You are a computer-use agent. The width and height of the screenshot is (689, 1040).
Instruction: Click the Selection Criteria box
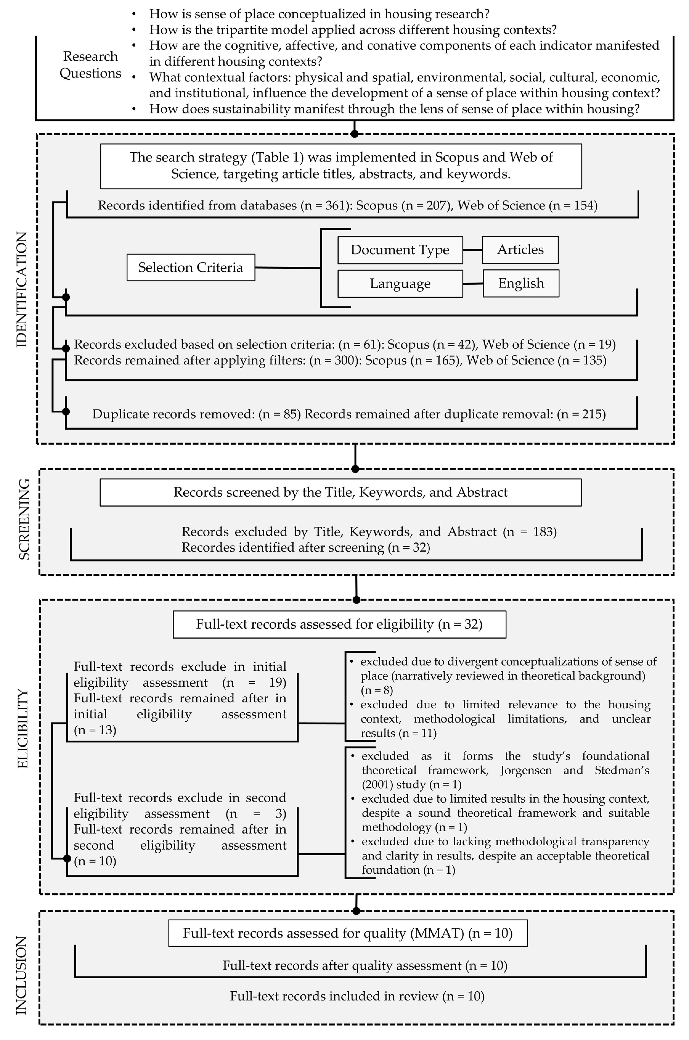click(x=191, y=267)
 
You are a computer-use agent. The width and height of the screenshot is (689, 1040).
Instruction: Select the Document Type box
click(x=400, y=250)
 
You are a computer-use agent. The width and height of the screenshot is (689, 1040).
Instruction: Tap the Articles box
click(x=520, y=250)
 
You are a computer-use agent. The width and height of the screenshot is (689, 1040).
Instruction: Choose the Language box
click(x=400, y=284)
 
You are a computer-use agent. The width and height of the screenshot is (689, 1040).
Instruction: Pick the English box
click(x=521, y=283)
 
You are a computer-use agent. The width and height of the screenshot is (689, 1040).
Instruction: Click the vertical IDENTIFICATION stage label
click(x=22, y=289)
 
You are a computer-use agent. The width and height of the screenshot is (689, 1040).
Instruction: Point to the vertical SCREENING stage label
click(x=24, y=519)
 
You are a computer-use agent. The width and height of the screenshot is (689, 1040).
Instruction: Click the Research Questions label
click(x=91, y=65)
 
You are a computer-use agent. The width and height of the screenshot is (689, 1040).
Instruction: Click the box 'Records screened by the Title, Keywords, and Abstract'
click(x=340, y=492)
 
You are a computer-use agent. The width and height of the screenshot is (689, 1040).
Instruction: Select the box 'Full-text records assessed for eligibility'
click(x=339, y=624)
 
